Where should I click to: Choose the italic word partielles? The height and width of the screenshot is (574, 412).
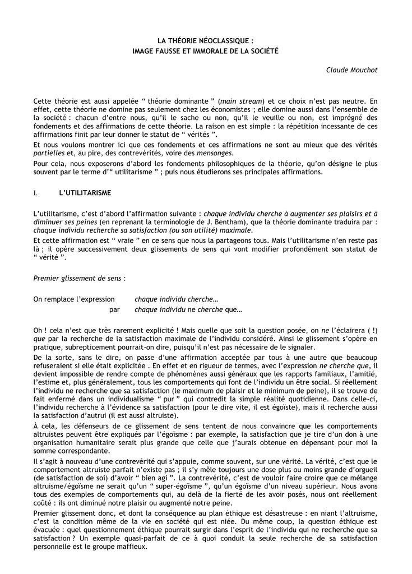coord(49,153)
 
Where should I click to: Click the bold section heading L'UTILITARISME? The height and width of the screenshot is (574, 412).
coord(85,193)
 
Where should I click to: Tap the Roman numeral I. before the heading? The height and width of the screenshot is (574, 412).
coord(35,193)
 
